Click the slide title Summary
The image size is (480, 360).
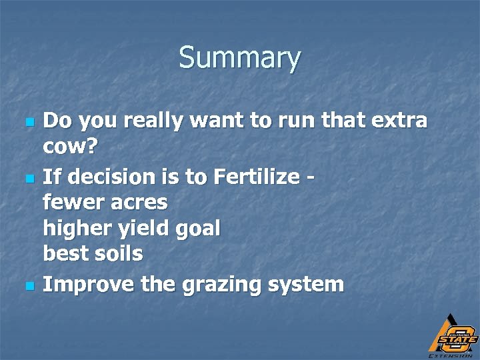click(239, 58)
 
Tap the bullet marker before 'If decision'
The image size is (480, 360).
click(28, 179)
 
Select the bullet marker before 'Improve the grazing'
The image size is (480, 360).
click(28, 286)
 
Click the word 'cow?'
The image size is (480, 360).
click(70, 148)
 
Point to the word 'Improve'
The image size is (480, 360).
click(85, 285)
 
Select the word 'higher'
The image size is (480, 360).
click(73, 229)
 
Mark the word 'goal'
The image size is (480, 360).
click(198, 229)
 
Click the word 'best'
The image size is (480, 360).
click(63, 254)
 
